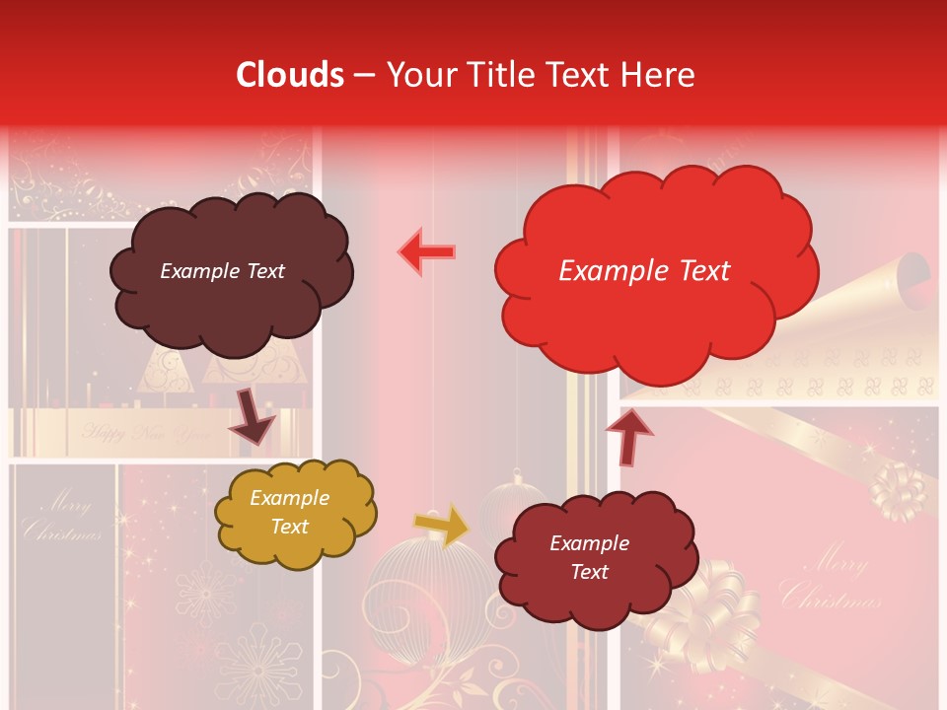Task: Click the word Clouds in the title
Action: coord(291,75)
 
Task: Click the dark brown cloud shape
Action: coord(230,271)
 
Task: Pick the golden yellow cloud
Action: coord(295,513)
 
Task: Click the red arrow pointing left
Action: coord(427,251)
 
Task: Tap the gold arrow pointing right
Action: coord(442,525)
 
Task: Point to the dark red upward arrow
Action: coord(629,436)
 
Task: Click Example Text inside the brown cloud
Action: coord(222,271)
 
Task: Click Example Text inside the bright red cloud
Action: coord(644,271)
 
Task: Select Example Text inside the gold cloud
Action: coord(289,513)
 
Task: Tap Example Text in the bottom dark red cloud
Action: coord(589,557)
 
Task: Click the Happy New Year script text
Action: coord(148,432)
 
